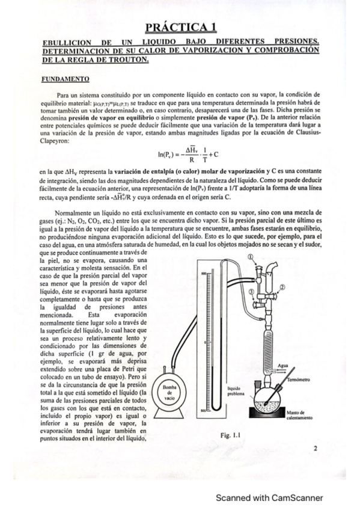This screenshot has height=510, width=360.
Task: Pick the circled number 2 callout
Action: pyautogui.click(x=282, y=288)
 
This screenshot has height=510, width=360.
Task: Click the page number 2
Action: pyautogui.click(x=315, y=448)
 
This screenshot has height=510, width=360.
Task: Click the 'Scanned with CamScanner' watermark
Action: pyautogui.click(x=270, y=497)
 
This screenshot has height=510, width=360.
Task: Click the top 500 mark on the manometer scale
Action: pyautogui.click(x=204, y=272)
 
